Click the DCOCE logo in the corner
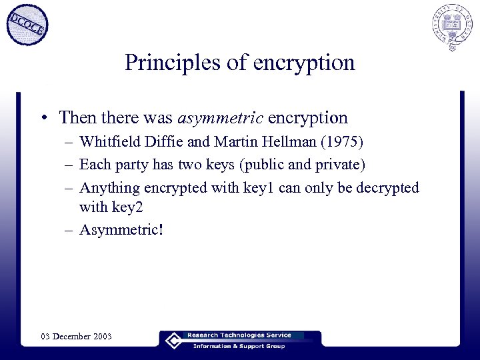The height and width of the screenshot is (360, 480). pos(27,25)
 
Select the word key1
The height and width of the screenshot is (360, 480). pos(254,188)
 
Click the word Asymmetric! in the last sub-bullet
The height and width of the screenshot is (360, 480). pos(121,229)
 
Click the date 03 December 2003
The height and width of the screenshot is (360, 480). pos(76,337)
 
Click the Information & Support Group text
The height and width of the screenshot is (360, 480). pos(239,346)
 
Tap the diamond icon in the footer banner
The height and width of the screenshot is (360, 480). pos(173,340)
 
